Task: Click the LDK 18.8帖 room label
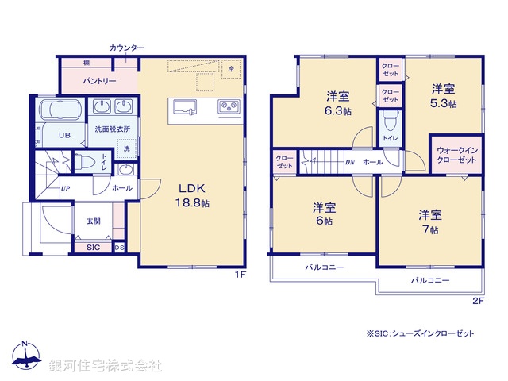pos(192,195)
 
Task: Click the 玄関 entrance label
pos(94,221)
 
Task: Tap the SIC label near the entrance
pos(93,248)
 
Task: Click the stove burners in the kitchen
pos(229,107)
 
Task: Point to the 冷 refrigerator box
pos(231,70)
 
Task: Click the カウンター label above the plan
pos(127,48)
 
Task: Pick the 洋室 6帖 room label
pos(323,215)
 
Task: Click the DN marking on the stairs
pos(349,162)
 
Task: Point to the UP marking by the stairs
pos(65,189)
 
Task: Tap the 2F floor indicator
pos(478,301)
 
